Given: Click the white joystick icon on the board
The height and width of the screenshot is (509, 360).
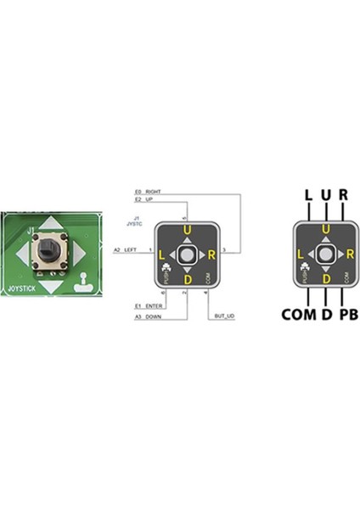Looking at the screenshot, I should click(82, 282).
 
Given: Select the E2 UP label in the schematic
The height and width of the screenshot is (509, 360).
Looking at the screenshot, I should click(143, 199).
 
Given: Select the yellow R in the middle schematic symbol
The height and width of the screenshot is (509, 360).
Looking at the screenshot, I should click(210, 254).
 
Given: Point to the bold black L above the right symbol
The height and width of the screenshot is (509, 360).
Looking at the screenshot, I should click(307, 194).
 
